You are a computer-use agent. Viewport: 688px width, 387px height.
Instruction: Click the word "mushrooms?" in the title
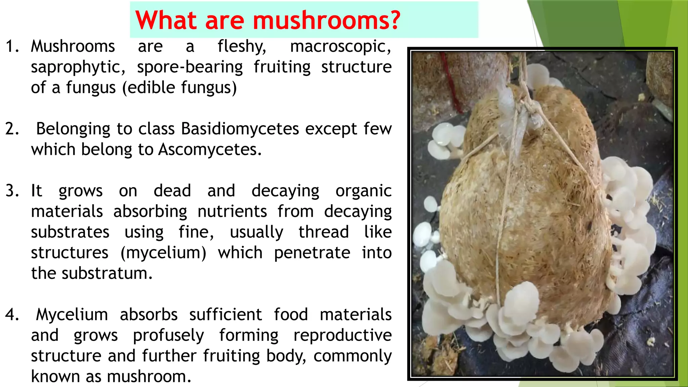(x=327, y=20)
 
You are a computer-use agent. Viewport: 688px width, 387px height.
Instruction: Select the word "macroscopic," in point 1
(x=341, y=46)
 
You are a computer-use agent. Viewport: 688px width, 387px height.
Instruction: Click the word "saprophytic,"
(x=78, y=67)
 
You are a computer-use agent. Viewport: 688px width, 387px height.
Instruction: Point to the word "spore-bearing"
(x=190, y=67)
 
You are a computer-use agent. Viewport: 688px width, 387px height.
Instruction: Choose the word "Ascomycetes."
(x=210, y=149)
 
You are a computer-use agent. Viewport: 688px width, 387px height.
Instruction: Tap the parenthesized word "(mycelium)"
(x=163, y=253)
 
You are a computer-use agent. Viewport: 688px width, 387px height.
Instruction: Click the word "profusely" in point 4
(x=168, y=336)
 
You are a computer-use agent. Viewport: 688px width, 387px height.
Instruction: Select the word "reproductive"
(x=342, y=336)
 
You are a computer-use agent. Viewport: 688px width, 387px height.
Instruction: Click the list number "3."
(x=12, y=191)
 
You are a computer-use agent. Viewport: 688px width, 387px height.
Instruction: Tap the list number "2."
(x=12, y=129)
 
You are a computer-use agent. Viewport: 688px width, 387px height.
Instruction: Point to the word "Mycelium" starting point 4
(x=72, y=315)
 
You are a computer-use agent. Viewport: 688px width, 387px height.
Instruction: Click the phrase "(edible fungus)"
(x=179, y=88)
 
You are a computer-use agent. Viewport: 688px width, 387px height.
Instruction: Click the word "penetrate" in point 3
(x=312, y=253)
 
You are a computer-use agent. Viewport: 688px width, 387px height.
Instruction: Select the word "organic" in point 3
(x=363, y=191)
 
